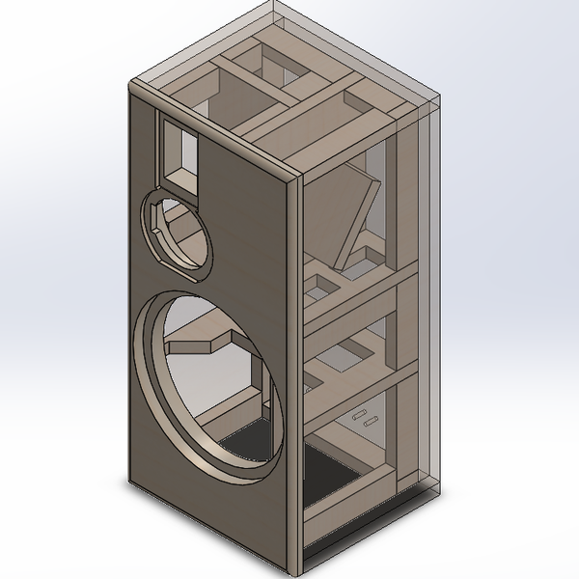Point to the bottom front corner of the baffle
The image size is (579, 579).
pyautogui.click(x=290, y=567)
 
